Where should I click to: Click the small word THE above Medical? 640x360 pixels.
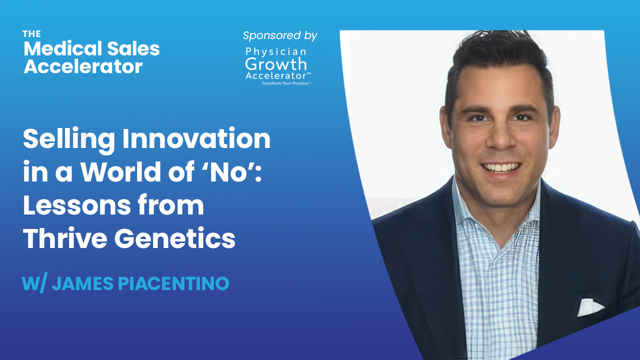pos(31,34)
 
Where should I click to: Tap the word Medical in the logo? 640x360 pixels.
pos(56,48)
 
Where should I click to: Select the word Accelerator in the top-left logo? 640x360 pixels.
pos(83,66)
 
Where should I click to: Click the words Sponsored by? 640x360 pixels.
pos(280,35)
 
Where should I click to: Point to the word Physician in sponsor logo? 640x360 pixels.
pos(276,51)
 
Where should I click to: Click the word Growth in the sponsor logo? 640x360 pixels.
pos(276,64)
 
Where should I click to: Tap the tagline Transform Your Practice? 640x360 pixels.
pos(286,83)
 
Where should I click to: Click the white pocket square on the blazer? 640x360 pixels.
pos(590,307)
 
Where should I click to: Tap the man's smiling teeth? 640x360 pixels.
pos(500,166)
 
